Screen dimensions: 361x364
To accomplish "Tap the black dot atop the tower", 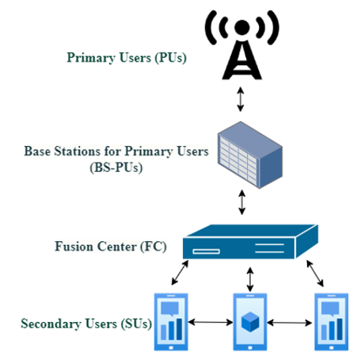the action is click(242, 27).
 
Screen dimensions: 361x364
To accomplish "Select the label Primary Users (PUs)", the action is click(127, 58).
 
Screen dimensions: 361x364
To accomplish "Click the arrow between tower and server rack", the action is click(240, 99).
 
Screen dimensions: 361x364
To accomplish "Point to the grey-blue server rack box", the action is click(250, 155).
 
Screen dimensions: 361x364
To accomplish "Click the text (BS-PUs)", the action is click(116, 167).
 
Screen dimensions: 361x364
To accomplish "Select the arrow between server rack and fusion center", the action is click(241, 202).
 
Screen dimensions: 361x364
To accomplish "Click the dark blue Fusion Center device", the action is click(250, 242).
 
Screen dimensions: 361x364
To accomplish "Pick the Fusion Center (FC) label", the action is click(111, 247).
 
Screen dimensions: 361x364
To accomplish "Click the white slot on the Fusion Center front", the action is click(206, 251).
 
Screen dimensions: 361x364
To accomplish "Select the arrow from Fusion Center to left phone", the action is click(180, 273).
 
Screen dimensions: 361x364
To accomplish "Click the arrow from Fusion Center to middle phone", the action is click(250, 279).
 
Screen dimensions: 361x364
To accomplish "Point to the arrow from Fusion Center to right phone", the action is click(315, 274).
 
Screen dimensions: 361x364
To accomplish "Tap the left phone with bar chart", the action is click(171, 322).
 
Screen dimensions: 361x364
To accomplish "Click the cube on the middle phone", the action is click(250, 321).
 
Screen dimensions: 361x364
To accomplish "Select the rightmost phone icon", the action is click(331, 322).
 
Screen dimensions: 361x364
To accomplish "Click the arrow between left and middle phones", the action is click(211, 322).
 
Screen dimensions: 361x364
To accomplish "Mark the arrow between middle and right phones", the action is click(290, 323).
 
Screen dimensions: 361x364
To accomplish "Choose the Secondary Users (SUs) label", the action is click(86, 324).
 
